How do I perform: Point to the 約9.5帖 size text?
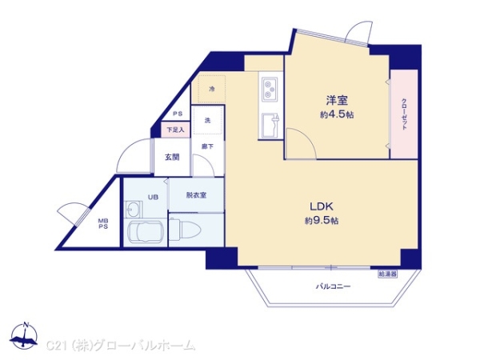coord(322,220)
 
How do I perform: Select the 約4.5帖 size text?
coord(337,115)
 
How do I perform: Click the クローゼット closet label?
coord(404,114)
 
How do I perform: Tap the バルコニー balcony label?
coord(333,286)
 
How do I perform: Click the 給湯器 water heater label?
coord(388,274)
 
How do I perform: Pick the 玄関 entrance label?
coord(172,158)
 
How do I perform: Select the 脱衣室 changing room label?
coord(197,195)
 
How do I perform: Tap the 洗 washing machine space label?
coord(206,121)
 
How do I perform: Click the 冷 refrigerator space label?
coord(212,89)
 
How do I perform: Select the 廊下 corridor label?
coord(206,146)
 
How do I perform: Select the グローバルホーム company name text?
coord(144,346)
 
